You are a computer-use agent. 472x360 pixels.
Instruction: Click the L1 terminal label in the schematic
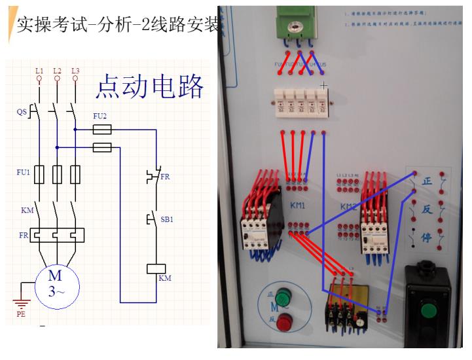[x=39, y=70]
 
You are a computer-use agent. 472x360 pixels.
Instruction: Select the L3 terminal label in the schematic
[x=75, y=70]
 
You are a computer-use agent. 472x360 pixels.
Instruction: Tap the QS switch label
[x=22, y=112]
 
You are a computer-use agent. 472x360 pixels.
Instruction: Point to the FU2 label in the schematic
[x=100, y=116]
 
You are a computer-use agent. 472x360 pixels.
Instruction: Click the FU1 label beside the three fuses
[x=23, y=172]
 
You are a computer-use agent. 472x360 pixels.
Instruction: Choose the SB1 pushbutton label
[x=167, y=219]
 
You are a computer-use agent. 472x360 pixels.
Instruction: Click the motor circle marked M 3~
[x=57, y=283]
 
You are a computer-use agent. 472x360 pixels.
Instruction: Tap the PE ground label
[x=21, y=314]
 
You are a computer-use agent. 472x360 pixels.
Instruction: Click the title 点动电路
[x=150, y=87]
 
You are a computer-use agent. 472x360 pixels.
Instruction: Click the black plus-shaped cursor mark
[x=323, y=86]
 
